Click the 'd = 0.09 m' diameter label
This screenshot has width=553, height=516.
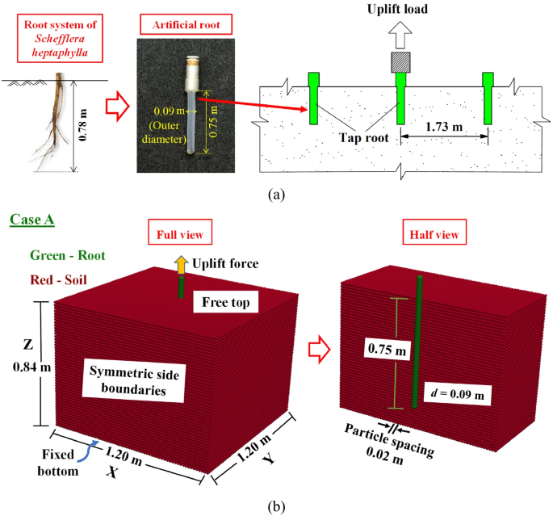click(456, 395)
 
